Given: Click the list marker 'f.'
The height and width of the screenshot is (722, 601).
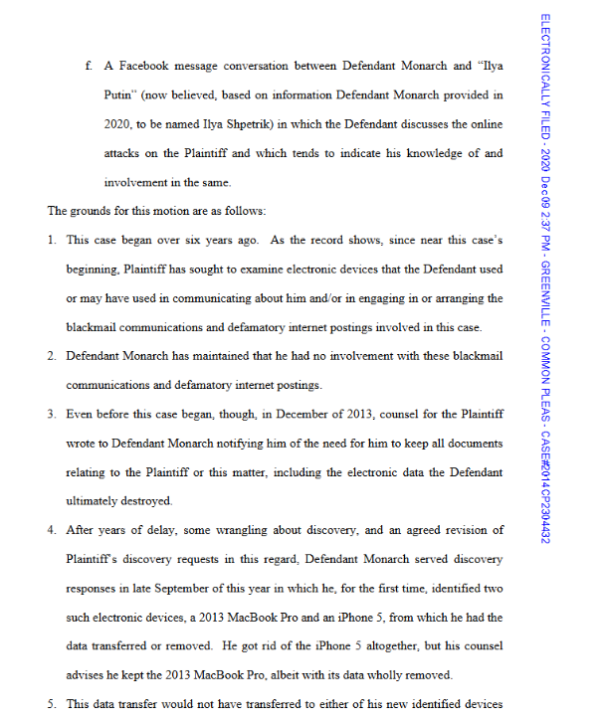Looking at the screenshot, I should [x=90, y=67].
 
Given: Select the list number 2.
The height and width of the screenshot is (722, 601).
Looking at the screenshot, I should [x=52, y=355].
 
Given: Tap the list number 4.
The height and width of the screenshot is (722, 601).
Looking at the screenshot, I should [x=52, y=530].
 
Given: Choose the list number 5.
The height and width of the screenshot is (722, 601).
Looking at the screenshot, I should [x=52, y=704].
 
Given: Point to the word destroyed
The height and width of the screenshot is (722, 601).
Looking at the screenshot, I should [x=145, y=501].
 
